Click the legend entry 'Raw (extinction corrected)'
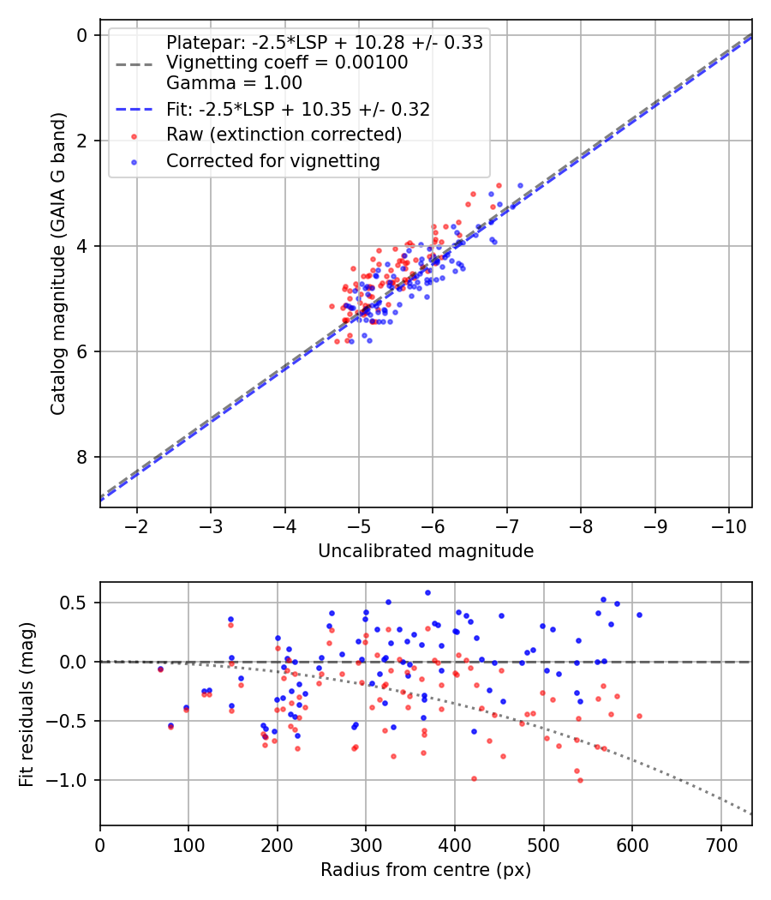tap(284, 135)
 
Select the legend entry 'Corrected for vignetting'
tap(272, 160)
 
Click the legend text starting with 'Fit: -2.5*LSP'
tap(297, 109)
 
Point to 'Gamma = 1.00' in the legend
tap(234, 83)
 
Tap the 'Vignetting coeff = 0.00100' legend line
tap(287, 63)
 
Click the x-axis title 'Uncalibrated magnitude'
tap(426, 551)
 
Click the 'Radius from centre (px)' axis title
tap(426, 870)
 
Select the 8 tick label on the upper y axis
tap(83, 457)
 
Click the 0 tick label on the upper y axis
tap(83, 35)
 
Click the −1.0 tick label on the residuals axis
tap(71, 780)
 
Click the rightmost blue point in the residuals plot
tap(639, 615)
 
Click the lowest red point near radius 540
tap(580, 780)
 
